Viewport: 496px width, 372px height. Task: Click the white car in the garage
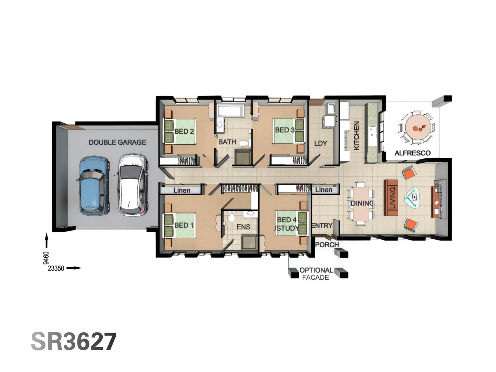[133, 185]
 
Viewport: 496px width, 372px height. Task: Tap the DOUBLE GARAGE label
[117, 142]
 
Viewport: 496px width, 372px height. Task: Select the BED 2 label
[184, 131]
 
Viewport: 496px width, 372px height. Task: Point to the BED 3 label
[285, 130]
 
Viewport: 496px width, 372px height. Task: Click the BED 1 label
[184, 225]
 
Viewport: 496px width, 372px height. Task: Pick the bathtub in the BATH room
[230, 111]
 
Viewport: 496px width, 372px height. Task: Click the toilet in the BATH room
[244, 143]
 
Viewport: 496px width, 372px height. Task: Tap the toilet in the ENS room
[232, 217]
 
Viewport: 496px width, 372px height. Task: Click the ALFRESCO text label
[412, 153]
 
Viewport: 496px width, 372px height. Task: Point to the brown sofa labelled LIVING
[391, 198]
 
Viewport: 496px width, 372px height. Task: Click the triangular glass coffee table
[413, 198]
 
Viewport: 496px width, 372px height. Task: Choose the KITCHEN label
[357, 135]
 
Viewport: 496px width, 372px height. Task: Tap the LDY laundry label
[320, 143]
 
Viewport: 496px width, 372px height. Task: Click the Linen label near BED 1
[182, 190]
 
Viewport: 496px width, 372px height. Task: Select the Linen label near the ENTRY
[324, 190]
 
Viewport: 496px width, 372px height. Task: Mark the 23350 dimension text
[56, 268]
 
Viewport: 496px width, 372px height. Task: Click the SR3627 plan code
[74, 342]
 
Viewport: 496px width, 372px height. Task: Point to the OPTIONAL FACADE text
[316, 274]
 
